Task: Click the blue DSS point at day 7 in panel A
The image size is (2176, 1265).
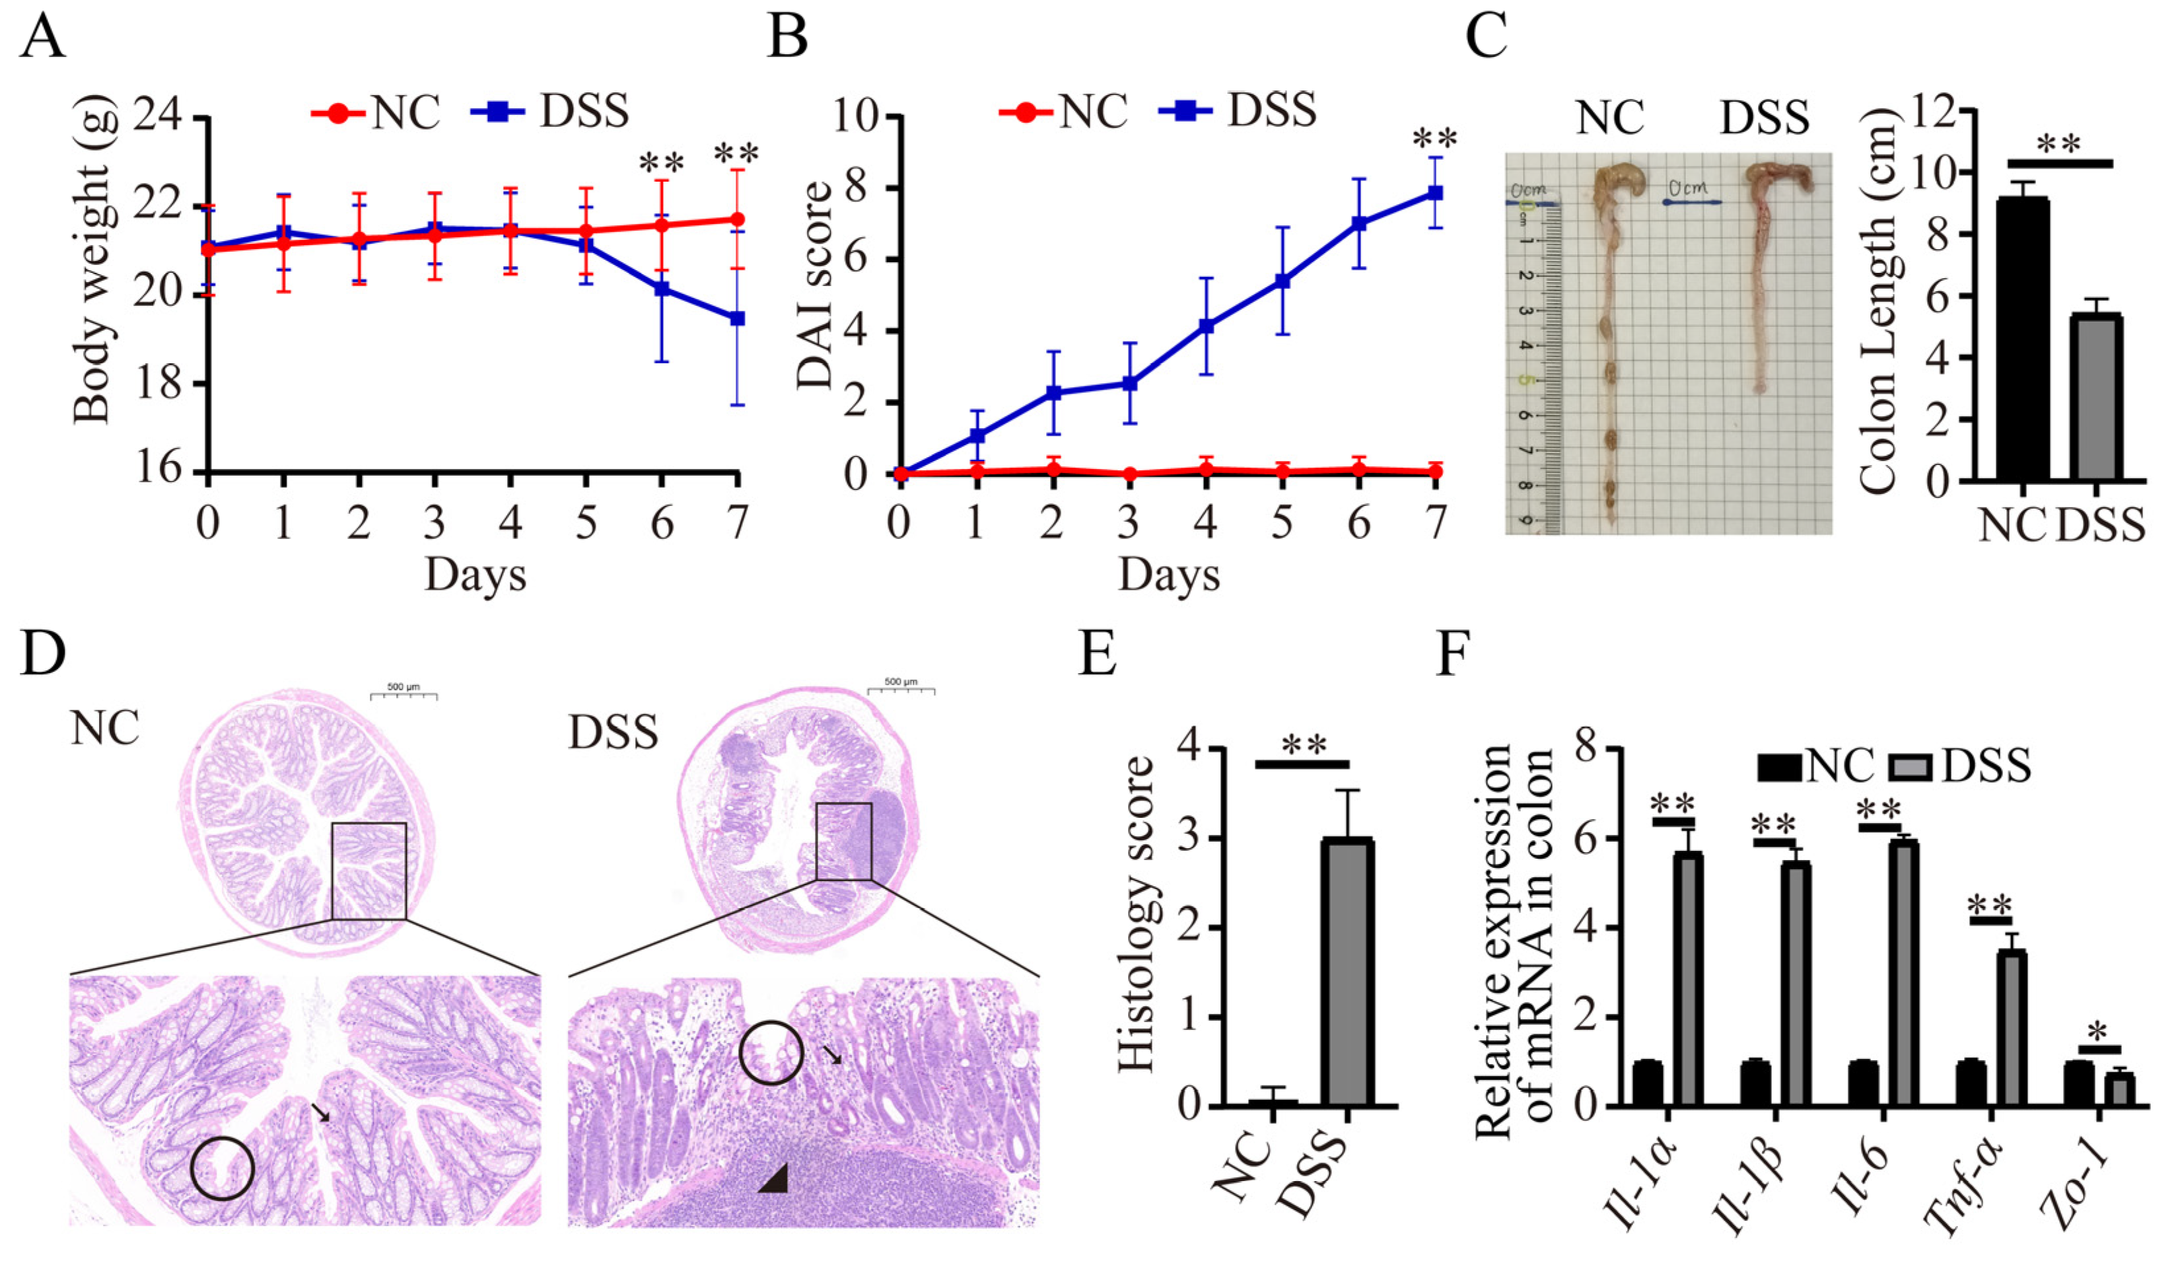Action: pyautogui.click(x=736, y=318)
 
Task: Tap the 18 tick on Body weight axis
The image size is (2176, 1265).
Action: pyautogui.click(x=159, y=383)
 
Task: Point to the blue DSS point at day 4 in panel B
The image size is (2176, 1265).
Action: pyautogui.click(x=1207, y=326)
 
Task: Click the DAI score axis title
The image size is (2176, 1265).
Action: pyautogui.click(x=814, y=285)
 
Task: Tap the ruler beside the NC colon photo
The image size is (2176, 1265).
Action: pyautogui.click(x=1537, y=363)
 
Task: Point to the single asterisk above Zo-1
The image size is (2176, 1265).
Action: pyautogui.click(x=2098, y=1032)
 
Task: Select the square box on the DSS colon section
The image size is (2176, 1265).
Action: pyautogui.click(x=843, y=841)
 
